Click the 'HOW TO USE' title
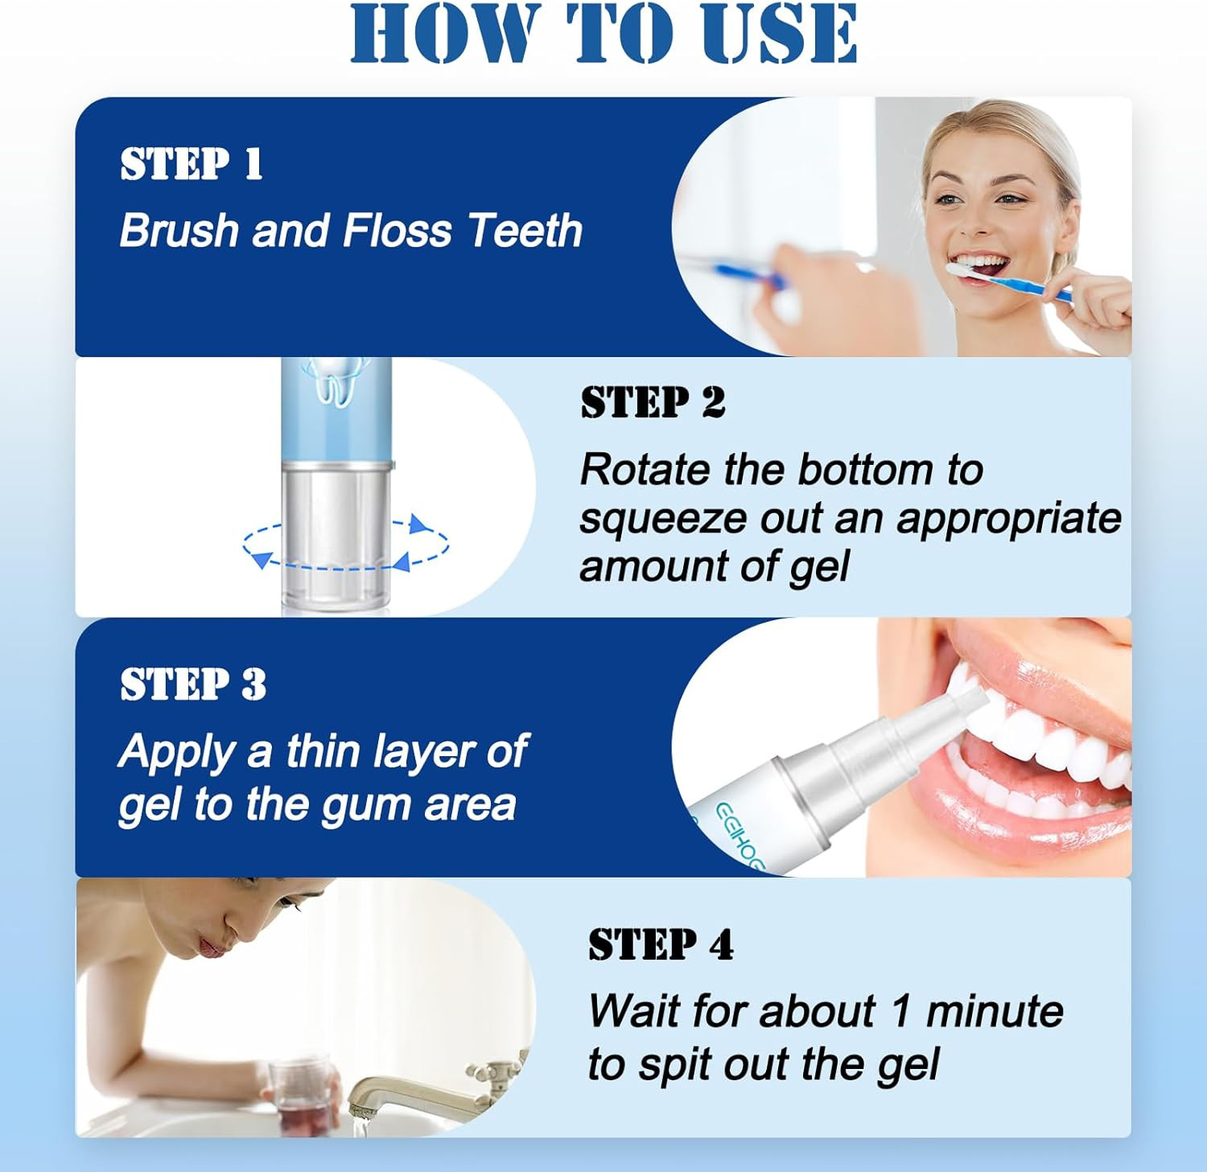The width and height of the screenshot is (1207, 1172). point(603,34)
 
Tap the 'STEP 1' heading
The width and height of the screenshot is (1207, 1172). point(192,164)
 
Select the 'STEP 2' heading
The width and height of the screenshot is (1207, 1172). point(653,402)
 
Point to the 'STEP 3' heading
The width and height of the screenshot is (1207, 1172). point(193,685)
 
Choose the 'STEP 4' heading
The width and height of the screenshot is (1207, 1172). point(661,944)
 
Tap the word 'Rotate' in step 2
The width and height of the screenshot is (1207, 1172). point(645,470)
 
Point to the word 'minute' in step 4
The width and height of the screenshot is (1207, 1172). point(995,1011)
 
